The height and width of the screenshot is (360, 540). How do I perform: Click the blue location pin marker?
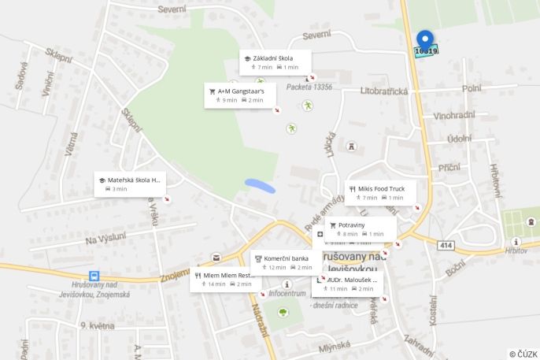coord(425,40)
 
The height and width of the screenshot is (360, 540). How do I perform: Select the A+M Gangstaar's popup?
coord(240,95)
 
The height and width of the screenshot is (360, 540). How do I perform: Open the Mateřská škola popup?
coord(131,184)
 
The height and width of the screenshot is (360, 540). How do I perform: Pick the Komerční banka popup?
coord(286,262)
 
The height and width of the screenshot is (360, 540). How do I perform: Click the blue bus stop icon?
coord(94,276)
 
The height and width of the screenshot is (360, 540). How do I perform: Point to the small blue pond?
coord(260,187)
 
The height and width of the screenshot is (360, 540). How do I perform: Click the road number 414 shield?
coord(446,246)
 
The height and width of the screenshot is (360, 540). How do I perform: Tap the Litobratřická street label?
coord(384,91)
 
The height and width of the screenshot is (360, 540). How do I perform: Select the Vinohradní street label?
coord(454,115)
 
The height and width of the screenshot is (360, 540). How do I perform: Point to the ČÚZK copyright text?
coord(523,354)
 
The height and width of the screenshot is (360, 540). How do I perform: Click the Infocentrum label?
coord(287,293)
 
